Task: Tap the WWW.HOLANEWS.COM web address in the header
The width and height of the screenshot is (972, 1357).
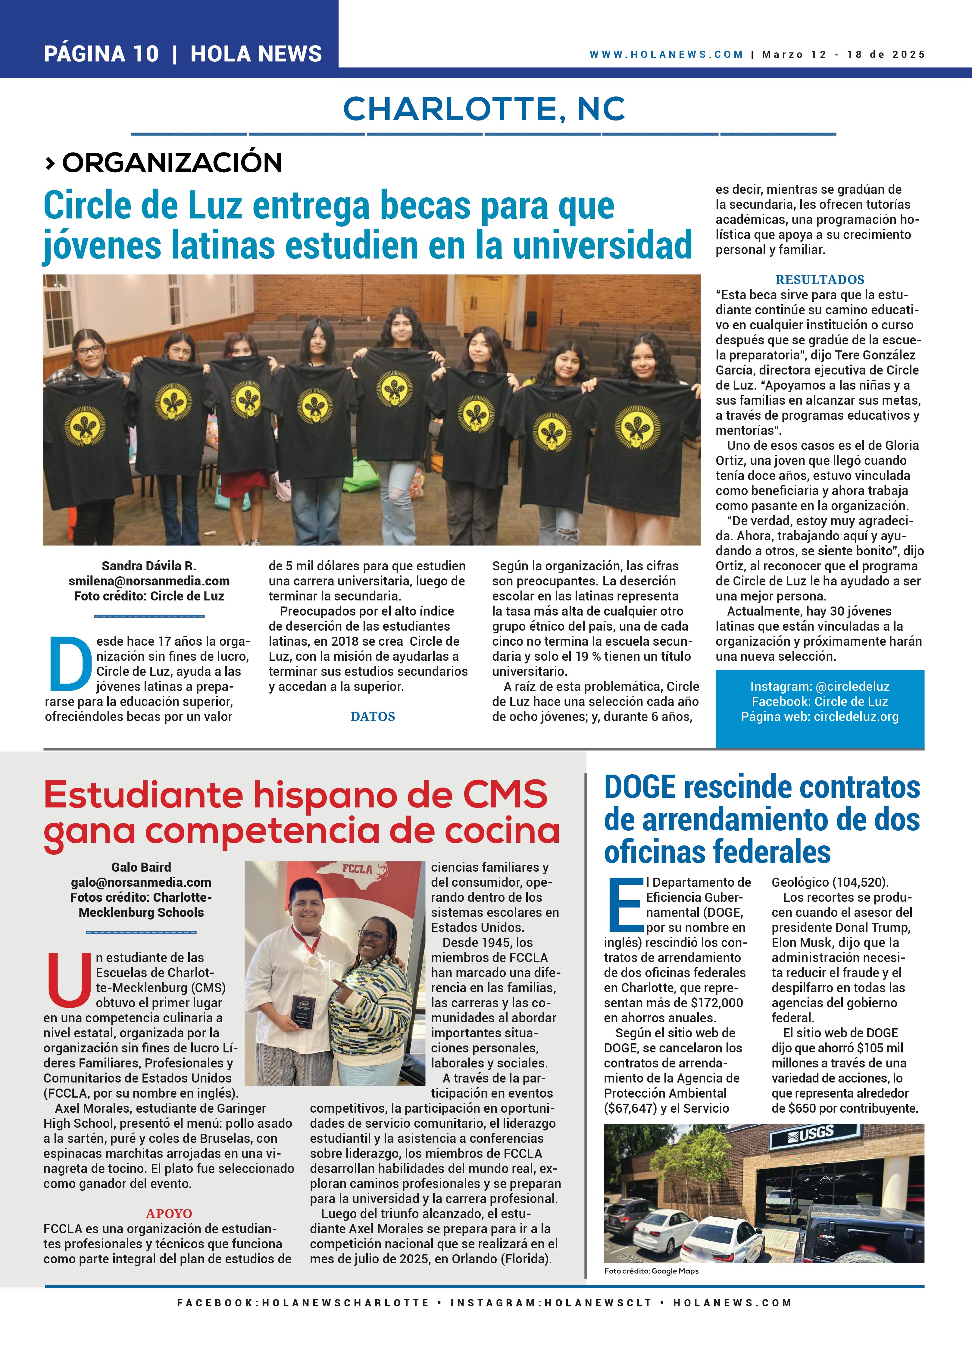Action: pyautogui.click(x=666, y=55)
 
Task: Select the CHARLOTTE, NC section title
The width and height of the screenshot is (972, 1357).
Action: pyautogui.click(x=484, y=109)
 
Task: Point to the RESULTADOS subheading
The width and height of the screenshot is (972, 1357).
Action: pyautogui.click(x=820, y=279)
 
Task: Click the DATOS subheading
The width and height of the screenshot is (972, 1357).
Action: pyautogui.click(x=373, y=716)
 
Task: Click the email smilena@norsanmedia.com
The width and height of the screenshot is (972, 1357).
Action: pyautogui.click(x=149, y=581)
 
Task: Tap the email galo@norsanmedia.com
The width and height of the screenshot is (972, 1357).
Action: pyautogui.click(x=141, y=882)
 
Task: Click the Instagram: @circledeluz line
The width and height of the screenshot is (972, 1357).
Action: pyautogui.click(x=820, y=686)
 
